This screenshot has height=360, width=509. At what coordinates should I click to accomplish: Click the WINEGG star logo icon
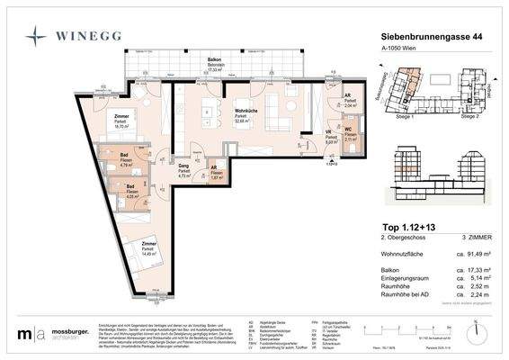[x=36, y=38]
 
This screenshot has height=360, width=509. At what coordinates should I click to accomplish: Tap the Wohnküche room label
[x=236, y=111]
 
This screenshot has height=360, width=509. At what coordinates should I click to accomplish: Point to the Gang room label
[x=183, y=166]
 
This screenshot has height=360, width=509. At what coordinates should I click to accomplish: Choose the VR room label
[x=330, y=132]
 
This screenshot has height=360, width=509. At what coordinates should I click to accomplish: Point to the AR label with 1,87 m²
[x=212, y=167]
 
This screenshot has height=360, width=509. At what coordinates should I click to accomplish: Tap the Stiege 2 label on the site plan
[x=469, y=117]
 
